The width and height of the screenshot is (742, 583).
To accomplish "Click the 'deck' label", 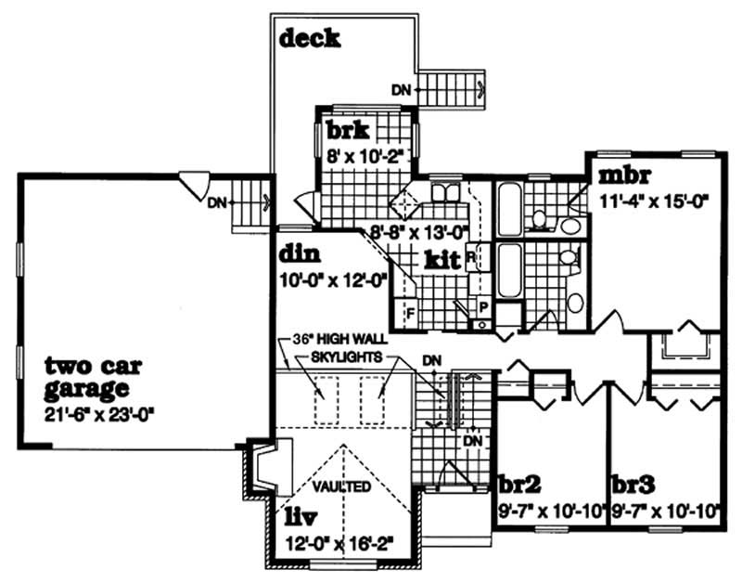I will pyautogui.click(x=309, y=38).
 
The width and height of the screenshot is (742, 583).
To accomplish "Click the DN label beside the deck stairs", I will pyautogui.click(x=401, y=90).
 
